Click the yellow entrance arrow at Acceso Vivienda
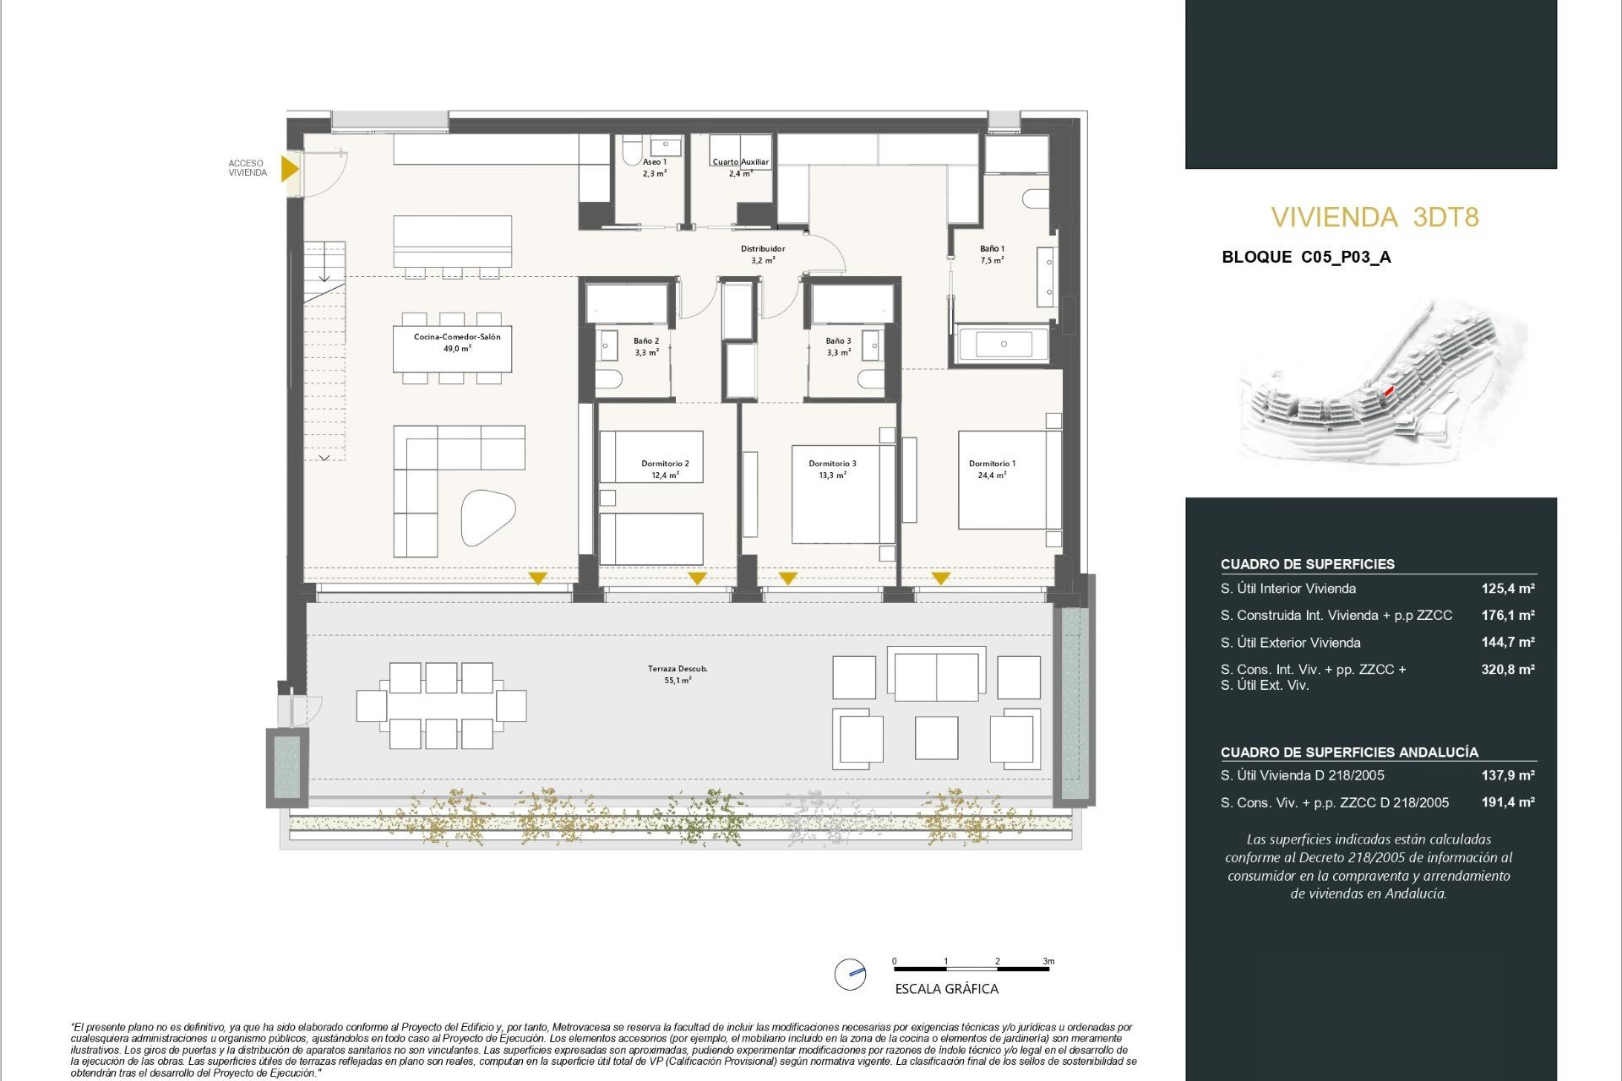pos(289,169)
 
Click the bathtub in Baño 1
pos(1004,345)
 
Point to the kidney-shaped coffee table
pos(487,517)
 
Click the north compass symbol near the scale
pos(851,974)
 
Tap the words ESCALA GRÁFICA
pos(946,989)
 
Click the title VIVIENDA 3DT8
pos(1374,218)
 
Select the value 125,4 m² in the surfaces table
pos(1507,589)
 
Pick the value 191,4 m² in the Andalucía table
pos(1507,802)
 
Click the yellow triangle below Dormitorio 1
pos(941,579)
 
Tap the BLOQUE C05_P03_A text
pos(1306,258)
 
